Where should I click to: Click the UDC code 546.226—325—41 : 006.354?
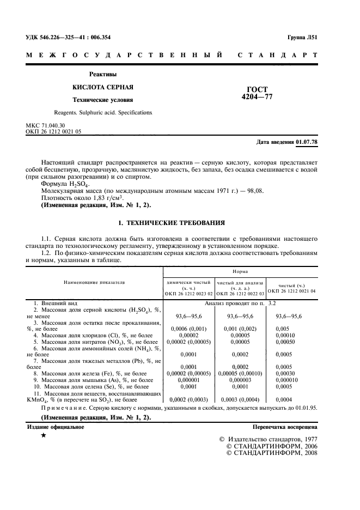tap(75, 38)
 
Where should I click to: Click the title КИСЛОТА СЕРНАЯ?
tap(103, 87)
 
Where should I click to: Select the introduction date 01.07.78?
tap(307, 142)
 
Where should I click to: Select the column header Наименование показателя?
tap(94, 283)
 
